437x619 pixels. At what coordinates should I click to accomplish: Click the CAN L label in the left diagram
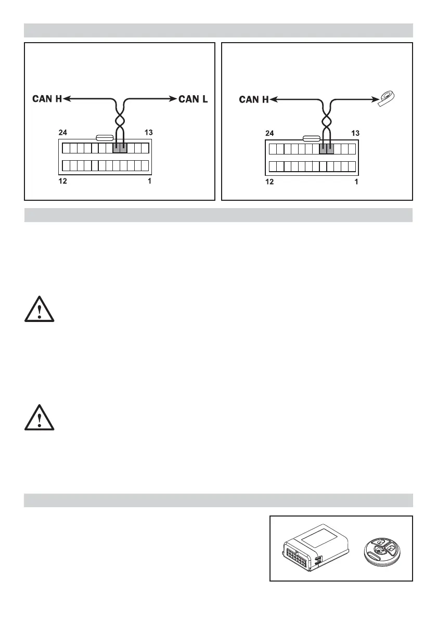tap(193, 98)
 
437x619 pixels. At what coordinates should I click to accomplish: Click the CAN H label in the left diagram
tap(47, 98)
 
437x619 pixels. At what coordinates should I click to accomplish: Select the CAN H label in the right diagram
tap(254, 98)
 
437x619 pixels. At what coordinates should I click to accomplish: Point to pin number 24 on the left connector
tap(62, 133)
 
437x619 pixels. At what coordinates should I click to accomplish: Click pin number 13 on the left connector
tap(148, 133)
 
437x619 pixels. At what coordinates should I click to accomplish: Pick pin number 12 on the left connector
tap(62, 182)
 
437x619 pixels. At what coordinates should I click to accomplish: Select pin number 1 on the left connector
tap(149, 182)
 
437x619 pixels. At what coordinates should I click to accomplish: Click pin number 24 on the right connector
tap(270, 133)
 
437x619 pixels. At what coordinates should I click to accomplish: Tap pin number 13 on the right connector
tap(355, 133)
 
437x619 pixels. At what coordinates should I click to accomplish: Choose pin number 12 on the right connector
tap(270, 182)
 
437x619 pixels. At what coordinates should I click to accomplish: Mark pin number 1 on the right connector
tap(356, 182)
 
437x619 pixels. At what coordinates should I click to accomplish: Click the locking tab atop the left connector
tap(106, 138)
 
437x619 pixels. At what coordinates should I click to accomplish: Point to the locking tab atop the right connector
tap(312, 138)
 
